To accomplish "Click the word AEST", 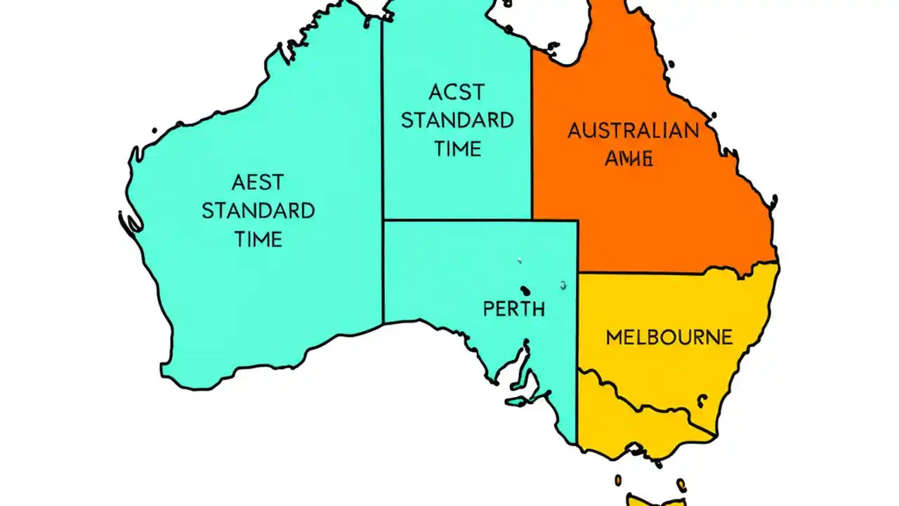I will pyautogui.click(x=258, y=183).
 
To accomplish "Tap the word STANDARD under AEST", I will pyautogui.click(x=258, y=211).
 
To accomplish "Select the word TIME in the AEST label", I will pyautogui.click(x=258, y=239).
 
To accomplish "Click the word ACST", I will pyautogui.click(x=457, y=92).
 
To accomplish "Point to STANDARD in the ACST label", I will pyautogui.click(x=457, y=120).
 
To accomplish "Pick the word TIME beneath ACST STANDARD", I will pyautogui.click(x=457, y=148).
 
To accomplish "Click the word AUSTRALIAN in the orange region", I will pyautogui.click(x=633, y=131).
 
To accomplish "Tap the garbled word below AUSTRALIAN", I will pyautogui.click(x=629, y=158).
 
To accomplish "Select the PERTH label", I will pyautogui.click(x=513, y=309).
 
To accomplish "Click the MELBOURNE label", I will pyautogui.click(x=669, y=337).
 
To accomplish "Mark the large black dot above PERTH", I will pyautogui.click(x=524, y=289).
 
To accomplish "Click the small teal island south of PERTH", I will pyautogui.click(x=518, y=401).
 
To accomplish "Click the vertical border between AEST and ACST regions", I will pyautogui.click(x=383, y=176).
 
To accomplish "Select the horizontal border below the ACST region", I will pyautogui.click(x=478, y=221).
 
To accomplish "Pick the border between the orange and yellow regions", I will pyautogui.click(x=674, y=273).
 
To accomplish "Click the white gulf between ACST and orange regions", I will pyautogui.click(x=562, y=28).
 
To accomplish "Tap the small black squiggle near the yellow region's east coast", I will pyautogui.click(x=700, y=400).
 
